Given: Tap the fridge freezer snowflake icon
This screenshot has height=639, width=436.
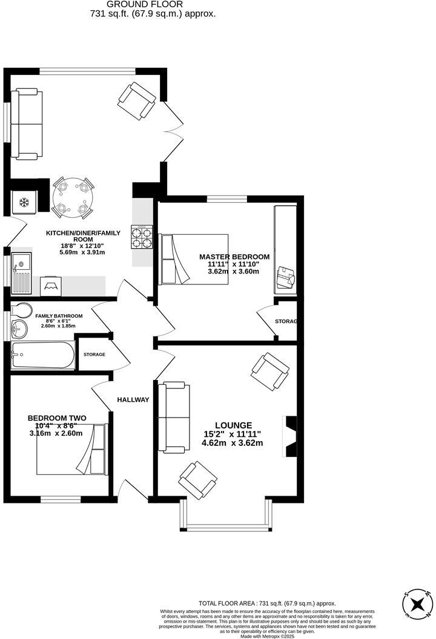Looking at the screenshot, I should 25,202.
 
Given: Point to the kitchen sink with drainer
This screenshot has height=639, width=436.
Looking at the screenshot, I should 22,272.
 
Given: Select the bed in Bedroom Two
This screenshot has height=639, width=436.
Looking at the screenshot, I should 71,450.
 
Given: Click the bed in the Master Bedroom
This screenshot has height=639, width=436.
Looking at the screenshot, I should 194,259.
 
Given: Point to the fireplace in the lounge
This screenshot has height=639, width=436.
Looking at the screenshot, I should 289,436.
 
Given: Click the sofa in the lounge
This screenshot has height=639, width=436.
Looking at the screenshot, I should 172,418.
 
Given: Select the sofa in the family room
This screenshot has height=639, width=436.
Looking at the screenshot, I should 27,123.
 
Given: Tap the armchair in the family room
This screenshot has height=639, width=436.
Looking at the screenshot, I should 137,100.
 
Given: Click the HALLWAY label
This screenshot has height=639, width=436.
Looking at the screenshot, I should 133,400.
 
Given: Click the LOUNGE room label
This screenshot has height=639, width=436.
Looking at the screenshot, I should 232,425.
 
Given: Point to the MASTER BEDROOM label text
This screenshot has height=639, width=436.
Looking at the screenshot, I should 234,257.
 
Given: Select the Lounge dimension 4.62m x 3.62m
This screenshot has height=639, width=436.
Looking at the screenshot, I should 232,443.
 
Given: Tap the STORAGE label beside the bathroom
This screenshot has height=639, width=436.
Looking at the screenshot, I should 94,355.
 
